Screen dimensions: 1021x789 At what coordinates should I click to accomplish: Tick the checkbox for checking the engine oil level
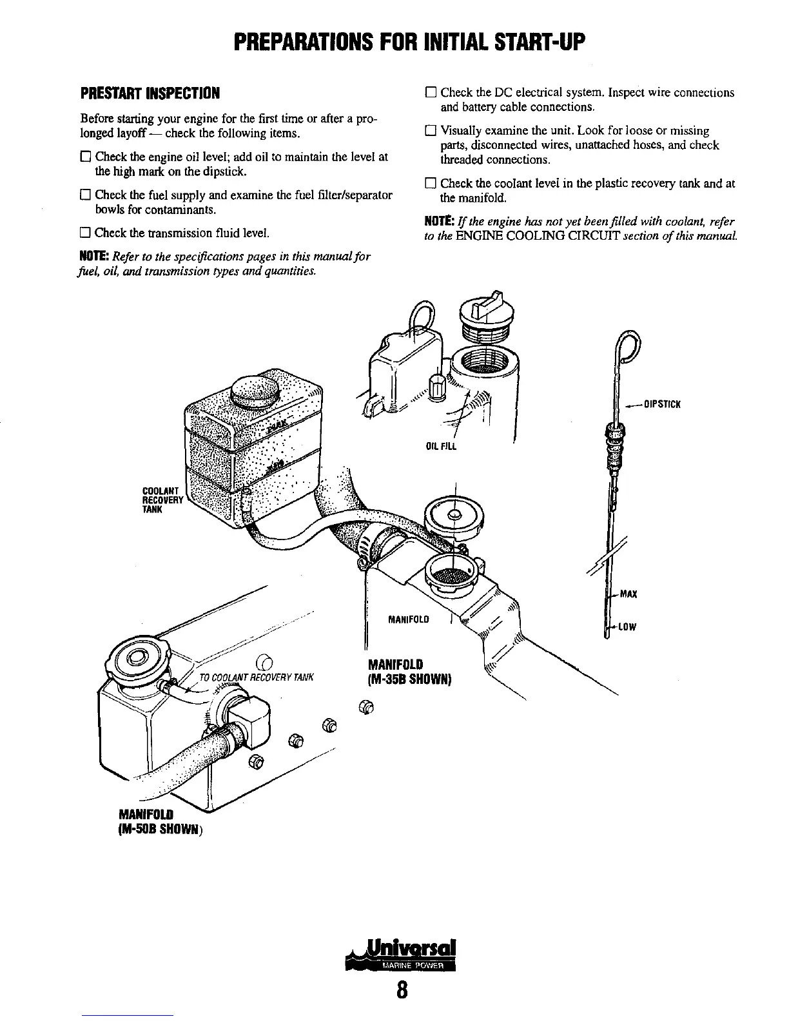click(x=85, y=157)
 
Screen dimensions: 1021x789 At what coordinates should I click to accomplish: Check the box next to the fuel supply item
click(x=85, y=195)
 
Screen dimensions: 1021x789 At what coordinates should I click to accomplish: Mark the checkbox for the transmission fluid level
click(x=85, y=233)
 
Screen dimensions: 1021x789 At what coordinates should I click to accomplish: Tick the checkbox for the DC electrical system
click(x=431, y=93)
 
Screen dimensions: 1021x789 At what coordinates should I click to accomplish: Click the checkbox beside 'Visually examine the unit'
click(x=431, y=131)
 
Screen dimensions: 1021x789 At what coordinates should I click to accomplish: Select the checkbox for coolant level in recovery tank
click(x=431, y=184)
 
